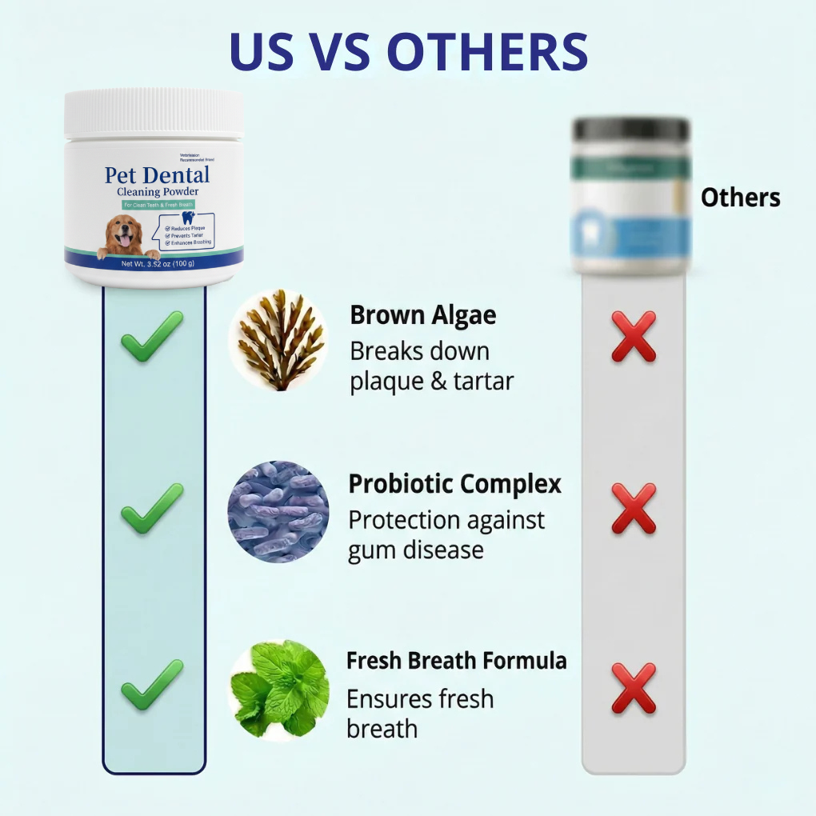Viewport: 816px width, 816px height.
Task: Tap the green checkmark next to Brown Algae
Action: click(x=152, y=337)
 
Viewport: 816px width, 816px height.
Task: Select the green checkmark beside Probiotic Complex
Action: click(x=152, y=509)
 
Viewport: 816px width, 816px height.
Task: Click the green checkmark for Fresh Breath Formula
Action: click(x=152, y=685)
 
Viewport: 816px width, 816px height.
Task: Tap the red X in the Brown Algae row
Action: click(x=634, y=337)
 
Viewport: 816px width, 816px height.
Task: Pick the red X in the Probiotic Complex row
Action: click(x=634, y=509)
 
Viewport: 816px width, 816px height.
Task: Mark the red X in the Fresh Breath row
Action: click(x=634, y=688)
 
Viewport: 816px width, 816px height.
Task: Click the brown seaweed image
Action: click(x=278, y=341)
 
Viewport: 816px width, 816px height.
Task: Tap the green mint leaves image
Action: click(x=278, y=690)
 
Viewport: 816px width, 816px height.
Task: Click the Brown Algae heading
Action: click(x=423, y=315)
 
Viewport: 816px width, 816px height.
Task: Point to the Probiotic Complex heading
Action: click(x=454, y=484)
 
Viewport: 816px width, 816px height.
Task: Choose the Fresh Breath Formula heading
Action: click(x=456, y=661)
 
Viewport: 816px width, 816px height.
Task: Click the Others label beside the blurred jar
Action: click(x=740, y=198)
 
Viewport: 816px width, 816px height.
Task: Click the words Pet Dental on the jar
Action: click(x=157, y=175)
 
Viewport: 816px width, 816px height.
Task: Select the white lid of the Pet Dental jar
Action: click(x=154, y=112)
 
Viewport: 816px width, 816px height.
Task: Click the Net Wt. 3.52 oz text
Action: click(x=157, y=264)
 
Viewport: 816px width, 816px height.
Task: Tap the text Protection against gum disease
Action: click(x=446, y=534)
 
